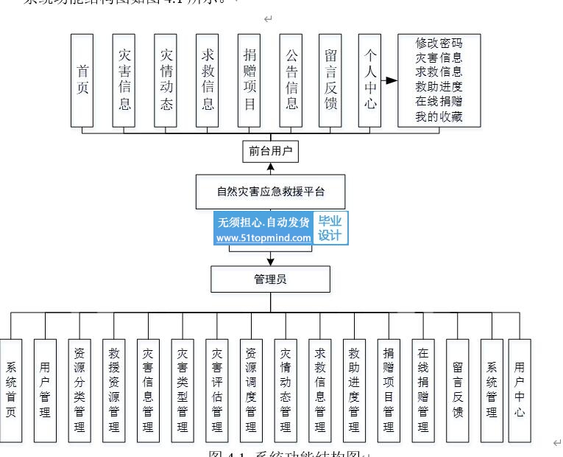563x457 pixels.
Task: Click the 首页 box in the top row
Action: click(82, 80)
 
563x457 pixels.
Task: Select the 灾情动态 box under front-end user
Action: click(166, 80)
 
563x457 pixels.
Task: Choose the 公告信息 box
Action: click(291, 80)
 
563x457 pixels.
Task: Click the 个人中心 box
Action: click(370, 80)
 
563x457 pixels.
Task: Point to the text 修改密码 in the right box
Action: click(439, 43)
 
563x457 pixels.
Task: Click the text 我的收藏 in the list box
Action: click(439, 116)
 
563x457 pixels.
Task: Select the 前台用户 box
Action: click(270, 151)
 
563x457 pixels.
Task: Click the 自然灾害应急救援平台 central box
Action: click(270, 192)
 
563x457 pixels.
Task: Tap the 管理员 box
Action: click(270, 279)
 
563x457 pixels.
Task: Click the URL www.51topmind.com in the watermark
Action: click(263, 238)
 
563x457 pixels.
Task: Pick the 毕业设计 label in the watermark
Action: click(330, 228)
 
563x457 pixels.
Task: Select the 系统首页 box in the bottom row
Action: click(11, 390)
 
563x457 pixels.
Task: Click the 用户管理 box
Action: click(45, 390)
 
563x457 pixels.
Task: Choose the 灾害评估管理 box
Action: click(216, 390)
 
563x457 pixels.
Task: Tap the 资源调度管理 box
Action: click(251, 390)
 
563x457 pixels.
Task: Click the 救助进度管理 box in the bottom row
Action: click(354, 390)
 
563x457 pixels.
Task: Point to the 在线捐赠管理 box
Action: click(422, 390)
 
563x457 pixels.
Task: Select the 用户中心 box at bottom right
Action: click(520, 390)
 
